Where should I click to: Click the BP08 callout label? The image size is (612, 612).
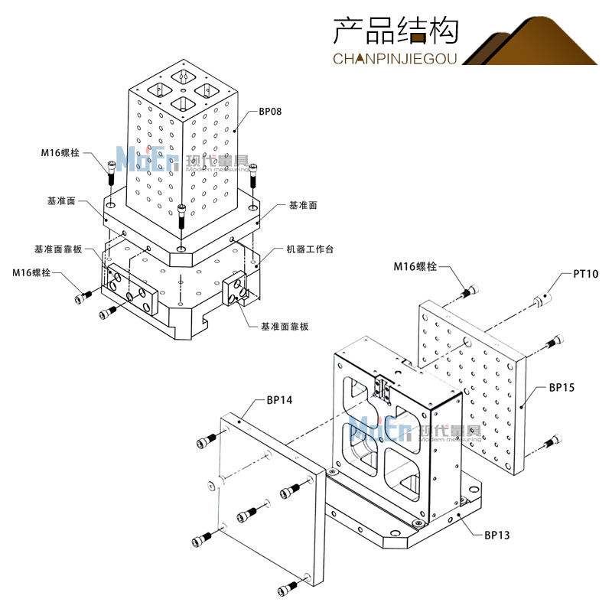(271, 112)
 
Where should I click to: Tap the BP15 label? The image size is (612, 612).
(562, 388)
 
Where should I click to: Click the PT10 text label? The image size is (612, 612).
(586, 274)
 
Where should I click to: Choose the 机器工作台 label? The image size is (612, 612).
(310, 249)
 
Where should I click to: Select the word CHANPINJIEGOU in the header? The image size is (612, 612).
(396, 59)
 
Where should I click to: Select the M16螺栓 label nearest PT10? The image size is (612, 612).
(415, 266)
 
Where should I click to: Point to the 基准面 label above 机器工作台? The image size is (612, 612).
(303, 206)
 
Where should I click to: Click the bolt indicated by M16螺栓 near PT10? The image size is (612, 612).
(470, 291)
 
